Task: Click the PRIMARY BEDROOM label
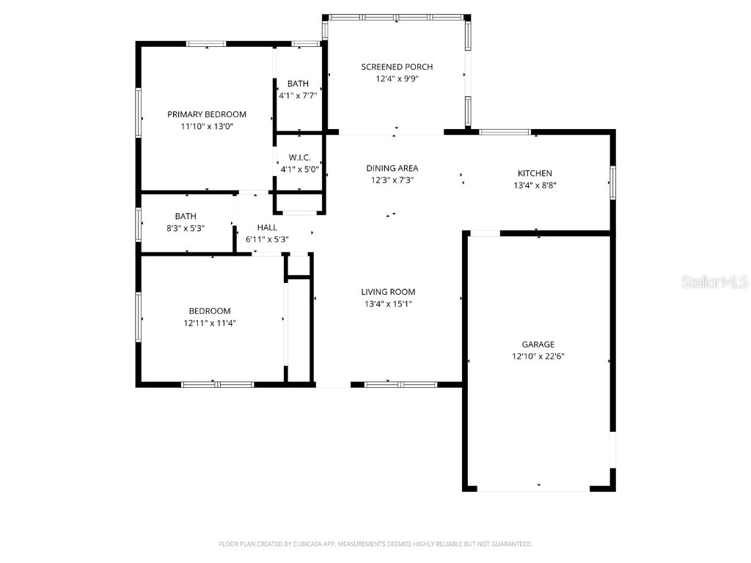[x=207, y=114]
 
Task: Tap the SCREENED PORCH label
[x=397, y=67]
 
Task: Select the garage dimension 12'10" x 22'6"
[x=538, y=356]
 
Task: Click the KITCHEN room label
[x=535, y=174]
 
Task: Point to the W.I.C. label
[x=299, y=158]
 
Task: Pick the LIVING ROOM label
[x=388, y=292]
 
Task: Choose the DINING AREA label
[x=392, y=168]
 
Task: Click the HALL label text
[x=266, y=227]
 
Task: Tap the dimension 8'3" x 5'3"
[x=185, y=228]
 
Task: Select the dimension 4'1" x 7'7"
[x=298, y=95]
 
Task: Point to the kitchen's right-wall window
[x=612, y=183]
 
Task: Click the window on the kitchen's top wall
[x=505, y=132]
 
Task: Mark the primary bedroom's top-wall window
[x=206, y=44]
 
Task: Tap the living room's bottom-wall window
[x=400, y=383]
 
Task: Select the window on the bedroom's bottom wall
[x=217, y=383]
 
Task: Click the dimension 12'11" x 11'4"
[x=210, y=323]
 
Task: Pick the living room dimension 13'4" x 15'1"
[x=388, y=303]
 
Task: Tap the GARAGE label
[x=538, y=345]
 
